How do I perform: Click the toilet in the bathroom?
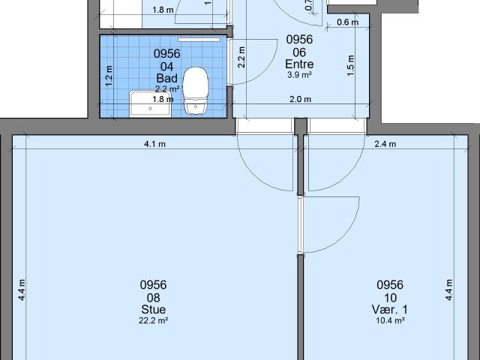coord(196,90)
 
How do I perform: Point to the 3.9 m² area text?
coord(299,75)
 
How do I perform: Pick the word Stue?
coord(153,310)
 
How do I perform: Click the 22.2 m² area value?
coord(153,320)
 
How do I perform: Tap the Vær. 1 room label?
coord(390,310)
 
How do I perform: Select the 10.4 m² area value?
coord(390,320)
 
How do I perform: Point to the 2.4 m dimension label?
coord(385,145)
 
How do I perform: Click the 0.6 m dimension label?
coord(347,22)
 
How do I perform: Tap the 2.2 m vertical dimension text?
coord(241,58)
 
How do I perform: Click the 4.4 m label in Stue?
coord(22,289)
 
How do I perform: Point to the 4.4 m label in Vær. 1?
coord(449,289)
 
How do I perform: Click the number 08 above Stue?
coord(153,297)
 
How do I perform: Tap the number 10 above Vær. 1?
coord(390,297)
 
